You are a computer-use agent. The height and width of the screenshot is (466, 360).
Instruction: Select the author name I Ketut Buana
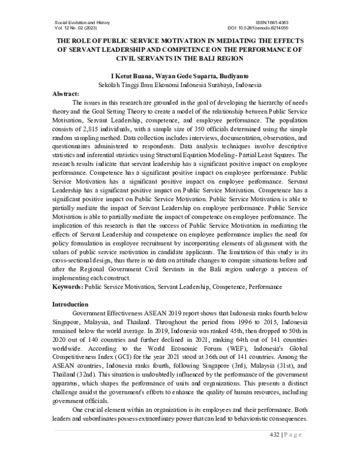(113, 77)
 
